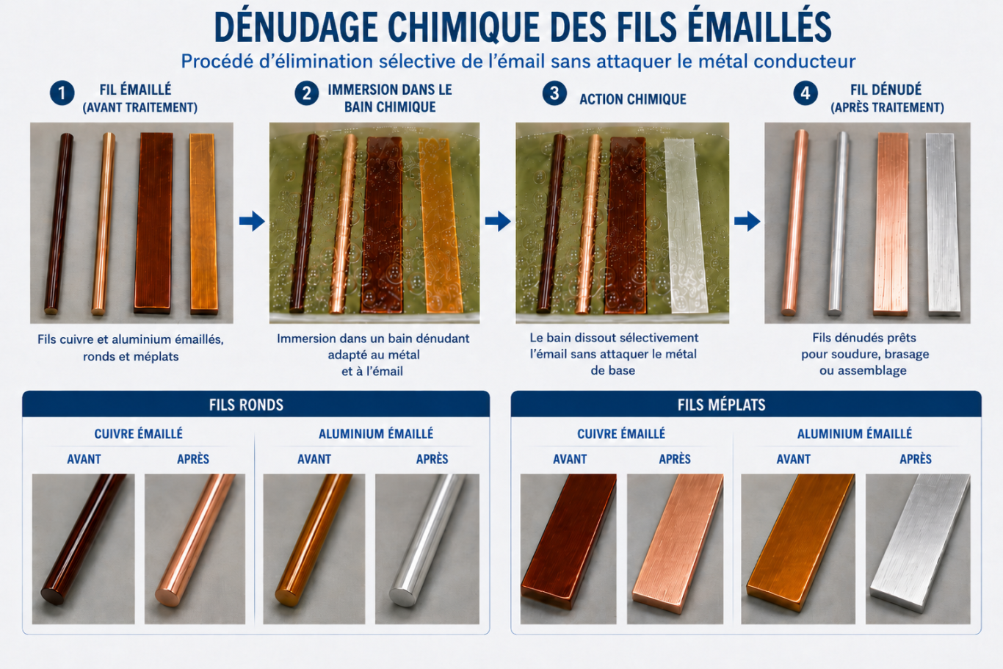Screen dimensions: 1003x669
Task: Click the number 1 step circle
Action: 62,93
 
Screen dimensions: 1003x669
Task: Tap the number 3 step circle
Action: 554,93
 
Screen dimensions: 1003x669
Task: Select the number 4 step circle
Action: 805,93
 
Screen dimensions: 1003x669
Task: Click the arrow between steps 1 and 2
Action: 252,221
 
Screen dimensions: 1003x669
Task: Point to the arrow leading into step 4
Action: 747,221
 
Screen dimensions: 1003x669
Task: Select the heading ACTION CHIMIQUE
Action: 633,99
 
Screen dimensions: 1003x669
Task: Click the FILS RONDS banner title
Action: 246,405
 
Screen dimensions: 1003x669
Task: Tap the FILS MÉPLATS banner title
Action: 721,405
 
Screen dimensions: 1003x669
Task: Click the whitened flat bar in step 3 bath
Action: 684,226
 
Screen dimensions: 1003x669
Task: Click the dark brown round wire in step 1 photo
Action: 59,223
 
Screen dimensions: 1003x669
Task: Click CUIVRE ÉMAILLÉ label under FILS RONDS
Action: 138,433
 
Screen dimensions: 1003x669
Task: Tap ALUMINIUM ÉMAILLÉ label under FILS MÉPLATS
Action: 855,433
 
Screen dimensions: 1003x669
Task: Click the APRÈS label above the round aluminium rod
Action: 432,459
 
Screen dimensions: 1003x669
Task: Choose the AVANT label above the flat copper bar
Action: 570,459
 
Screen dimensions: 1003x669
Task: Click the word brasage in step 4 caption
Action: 908,354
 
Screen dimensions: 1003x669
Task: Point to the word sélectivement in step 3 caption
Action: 660,338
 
